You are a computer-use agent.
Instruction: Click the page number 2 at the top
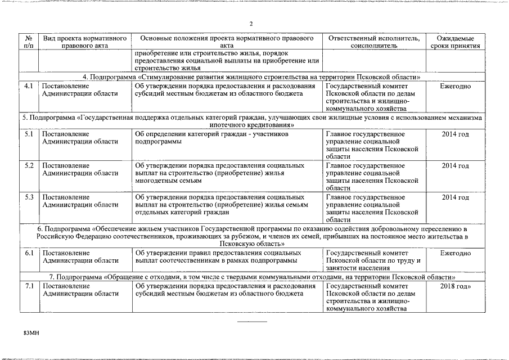click(x=251, y=23)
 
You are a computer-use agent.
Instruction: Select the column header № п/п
click(x=29, y=42)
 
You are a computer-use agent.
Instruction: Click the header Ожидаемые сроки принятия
click(x=455, y=42)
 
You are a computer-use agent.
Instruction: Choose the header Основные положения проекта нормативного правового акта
click(x=227, y=42)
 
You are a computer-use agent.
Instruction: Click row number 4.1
click(x=29, y=86)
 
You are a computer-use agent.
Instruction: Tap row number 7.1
click(x=29, y=286)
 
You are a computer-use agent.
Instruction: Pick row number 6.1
click(x=29, y=253)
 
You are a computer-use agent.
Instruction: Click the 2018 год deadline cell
click(x=455, y=286)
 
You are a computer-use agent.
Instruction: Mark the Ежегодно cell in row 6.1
click(x=455, y=253)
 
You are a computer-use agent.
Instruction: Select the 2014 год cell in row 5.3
click(x=455, y=197)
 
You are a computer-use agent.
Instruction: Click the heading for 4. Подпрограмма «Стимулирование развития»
click(x=251, y=77)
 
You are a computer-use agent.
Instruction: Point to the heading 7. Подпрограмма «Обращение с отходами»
click(x=251, y=277)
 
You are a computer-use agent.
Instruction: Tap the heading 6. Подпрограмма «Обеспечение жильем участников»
click(x=251, y=237)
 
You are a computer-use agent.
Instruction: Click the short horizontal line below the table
click(x=252, y=321)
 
